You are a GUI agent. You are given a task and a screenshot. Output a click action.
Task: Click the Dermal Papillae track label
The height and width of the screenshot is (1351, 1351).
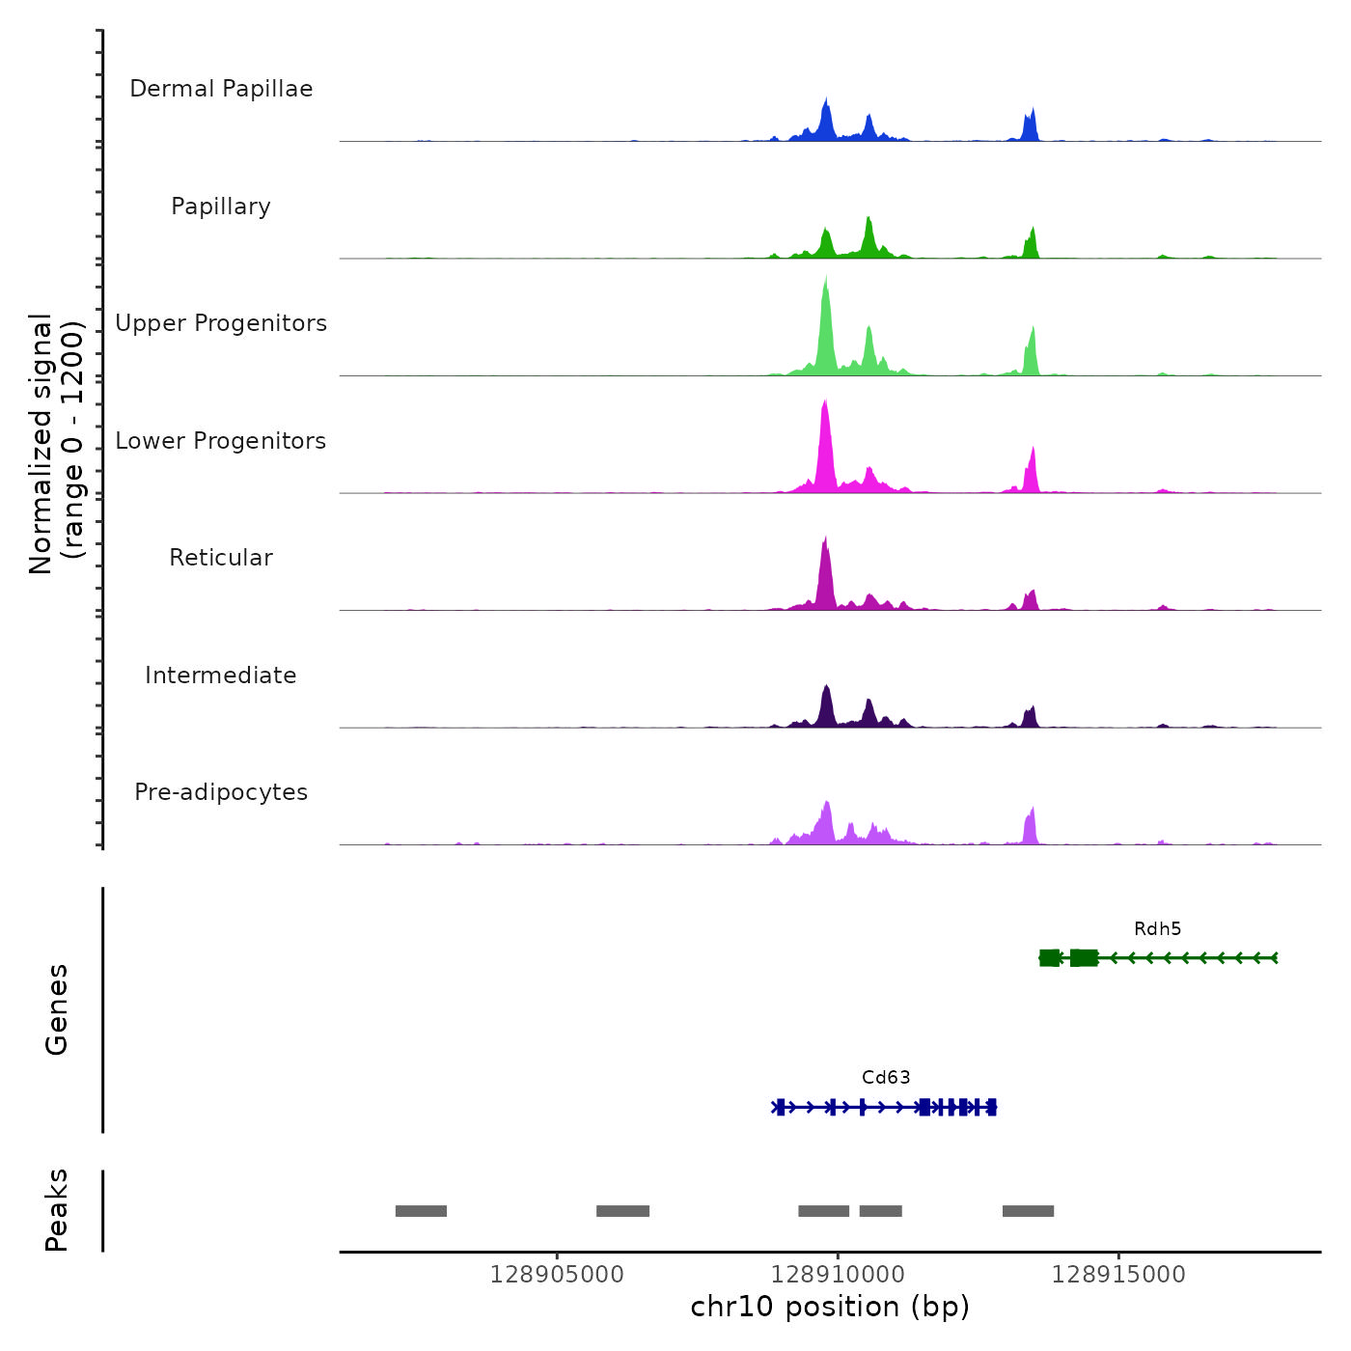(x=221, y=89)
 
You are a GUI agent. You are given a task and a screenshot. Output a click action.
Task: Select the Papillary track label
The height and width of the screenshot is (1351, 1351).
(x=221, y=207)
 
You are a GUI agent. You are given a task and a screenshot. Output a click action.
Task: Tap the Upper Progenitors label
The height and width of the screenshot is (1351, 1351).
(x=221, y=323)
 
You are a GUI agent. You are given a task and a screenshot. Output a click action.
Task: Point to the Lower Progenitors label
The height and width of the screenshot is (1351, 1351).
(x=221, y=441)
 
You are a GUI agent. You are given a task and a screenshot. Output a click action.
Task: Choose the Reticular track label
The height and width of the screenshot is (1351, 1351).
(x=221, y=558)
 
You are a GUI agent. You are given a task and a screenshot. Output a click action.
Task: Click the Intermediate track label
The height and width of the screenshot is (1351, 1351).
(x=221, y=675)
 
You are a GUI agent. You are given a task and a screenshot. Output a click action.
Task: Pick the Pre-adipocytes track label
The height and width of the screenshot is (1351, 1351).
(x=221, y=792)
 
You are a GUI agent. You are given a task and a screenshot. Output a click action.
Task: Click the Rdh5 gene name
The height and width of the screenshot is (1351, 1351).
(x=1157, y=929)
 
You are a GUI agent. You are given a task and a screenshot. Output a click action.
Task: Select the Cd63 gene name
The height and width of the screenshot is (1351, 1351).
(x=886, y=1078)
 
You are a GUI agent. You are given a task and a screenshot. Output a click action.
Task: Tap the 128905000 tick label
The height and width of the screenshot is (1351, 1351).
(x=557, y=1275)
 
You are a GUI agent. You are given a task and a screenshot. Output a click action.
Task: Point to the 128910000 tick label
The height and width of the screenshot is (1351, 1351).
(x=838, y=1275)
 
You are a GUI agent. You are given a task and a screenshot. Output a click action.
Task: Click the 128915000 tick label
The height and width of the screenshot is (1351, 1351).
(x=1118, y=1275)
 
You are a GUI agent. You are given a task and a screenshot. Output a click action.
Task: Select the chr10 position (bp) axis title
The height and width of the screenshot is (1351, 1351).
(x=830, y=1308)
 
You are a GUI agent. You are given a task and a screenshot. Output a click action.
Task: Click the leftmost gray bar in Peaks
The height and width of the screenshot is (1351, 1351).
(x=421, y=1211)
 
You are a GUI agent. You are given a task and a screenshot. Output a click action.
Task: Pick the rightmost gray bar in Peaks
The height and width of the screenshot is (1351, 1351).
(x=1028, y=1211)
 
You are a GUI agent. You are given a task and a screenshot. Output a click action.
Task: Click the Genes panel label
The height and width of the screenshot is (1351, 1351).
(x=57, y=1009)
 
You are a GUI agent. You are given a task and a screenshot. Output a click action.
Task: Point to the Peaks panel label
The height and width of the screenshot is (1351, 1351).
(x=57, y=1210)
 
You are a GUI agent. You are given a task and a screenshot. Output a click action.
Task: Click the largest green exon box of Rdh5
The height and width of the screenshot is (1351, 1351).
(x=1084, y=957)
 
